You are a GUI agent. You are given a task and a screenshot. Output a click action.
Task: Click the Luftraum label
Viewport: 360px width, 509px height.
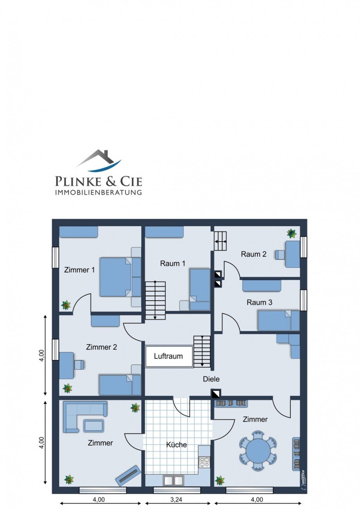168,356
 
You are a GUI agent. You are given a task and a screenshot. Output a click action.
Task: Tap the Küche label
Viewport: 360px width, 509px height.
176,444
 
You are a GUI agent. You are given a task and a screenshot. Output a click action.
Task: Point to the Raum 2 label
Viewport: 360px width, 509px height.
254,254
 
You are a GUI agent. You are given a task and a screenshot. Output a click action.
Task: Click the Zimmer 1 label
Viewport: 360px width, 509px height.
79,270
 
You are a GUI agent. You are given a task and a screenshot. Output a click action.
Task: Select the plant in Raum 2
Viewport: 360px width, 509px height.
291,233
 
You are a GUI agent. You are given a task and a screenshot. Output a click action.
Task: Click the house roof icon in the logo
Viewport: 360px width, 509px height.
99,160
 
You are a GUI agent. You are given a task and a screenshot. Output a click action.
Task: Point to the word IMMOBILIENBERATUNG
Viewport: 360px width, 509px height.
99,192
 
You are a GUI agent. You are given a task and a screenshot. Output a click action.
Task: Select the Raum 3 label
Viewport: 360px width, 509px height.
259,302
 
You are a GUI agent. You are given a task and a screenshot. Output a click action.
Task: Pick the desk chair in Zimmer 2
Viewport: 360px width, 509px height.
79,364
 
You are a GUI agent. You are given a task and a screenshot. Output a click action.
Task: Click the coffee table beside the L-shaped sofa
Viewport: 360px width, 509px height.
94,426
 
